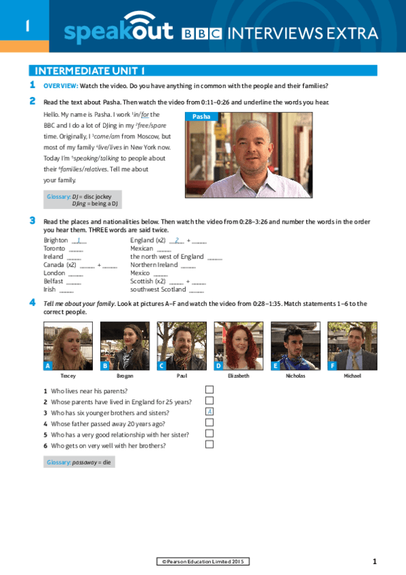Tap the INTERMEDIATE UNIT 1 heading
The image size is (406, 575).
tap(89, 71)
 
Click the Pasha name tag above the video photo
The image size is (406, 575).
tap(201, 117)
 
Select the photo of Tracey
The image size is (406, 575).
tap(68, 346)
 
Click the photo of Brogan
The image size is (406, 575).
tap(125, 346)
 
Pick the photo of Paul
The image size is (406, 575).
tap(182, 346)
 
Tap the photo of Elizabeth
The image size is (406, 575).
tap(239, 346)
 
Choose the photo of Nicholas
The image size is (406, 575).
tap(296, 346)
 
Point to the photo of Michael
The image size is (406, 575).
tap(352, 346)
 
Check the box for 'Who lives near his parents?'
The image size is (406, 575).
tap(209, 389)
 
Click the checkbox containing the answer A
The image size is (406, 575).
tap(209, 412)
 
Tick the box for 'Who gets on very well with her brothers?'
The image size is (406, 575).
tap(209, 444)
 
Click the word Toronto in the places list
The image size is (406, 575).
tap(54, 249)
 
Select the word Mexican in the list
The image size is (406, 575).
tap(142, 249)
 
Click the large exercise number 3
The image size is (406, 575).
tap(32, 220)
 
